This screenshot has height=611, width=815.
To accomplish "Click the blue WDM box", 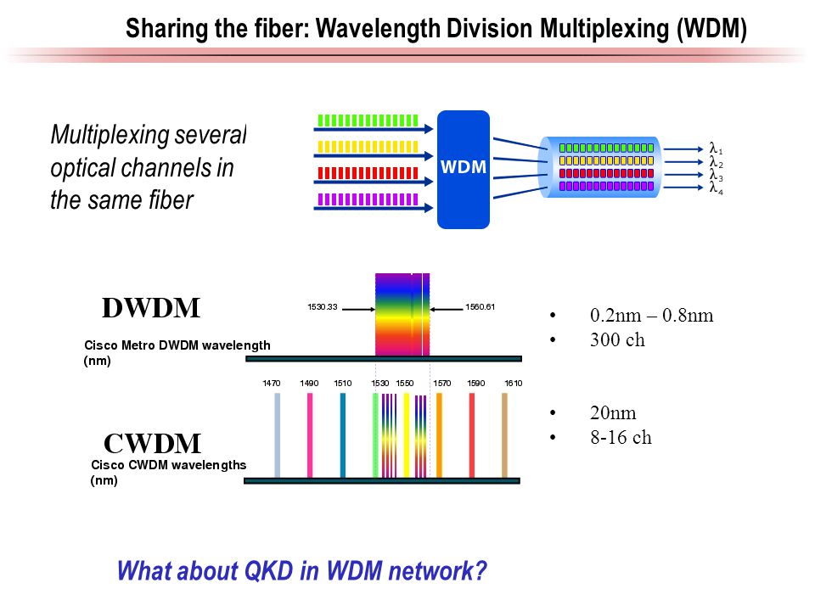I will [x=464, y=169].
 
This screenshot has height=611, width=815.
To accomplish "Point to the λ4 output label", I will [x=716, y=188].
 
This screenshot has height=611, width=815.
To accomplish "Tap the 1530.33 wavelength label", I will [x=323, y=306].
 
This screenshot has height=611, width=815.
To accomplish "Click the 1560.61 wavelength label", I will [x=481, y=306].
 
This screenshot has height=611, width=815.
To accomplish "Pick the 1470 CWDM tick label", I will [x=272, y=384].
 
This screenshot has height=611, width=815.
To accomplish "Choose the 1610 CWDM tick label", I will [x=513, y=384].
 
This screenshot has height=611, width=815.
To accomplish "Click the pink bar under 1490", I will [x=310, y=434].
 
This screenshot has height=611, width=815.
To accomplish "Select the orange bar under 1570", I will [x=439, y=434].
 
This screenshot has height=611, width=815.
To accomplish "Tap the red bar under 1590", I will [x=472, y=434].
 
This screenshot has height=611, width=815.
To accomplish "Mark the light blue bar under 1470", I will [x=277, y=434].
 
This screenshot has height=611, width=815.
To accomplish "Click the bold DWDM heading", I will [x=151, y=307].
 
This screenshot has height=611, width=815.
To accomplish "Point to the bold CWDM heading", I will [x=152, y=443].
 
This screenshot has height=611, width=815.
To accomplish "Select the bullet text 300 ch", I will [x=617, y=340].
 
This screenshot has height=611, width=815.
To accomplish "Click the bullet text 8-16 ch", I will [x=621, y=438].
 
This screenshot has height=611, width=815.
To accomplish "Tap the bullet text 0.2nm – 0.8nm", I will [x=651, y=316].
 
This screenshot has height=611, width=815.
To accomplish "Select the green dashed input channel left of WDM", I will [x=367, y=120].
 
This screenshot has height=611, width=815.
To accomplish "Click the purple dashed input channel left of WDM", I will [x=367, y=200].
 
